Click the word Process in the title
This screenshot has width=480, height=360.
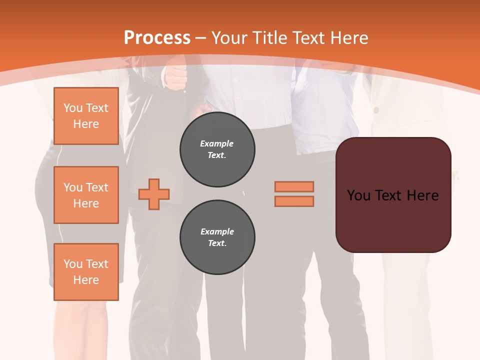[157, 38]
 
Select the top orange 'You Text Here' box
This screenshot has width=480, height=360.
[86, 116]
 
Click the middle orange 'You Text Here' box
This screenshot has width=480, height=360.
[86, 195]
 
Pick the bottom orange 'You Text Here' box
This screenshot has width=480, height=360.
[86, 272]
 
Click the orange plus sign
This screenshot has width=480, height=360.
[154, 194]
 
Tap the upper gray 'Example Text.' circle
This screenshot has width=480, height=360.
[217, 149]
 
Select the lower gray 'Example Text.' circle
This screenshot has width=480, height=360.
[217, 237]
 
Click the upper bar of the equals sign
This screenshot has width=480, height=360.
[294, 186]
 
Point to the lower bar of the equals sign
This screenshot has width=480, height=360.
[294, 201]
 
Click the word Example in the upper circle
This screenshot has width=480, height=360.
[217, 143]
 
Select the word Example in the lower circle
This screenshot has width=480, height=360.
[217, 231]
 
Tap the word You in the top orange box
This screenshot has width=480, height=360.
[73, 108]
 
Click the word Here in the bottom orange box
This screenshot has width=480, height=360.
[86, 280]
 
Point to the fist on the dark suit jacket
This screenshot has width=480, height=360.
[175, 77]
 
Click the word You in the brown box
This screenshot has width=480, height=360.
[358, 195]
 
